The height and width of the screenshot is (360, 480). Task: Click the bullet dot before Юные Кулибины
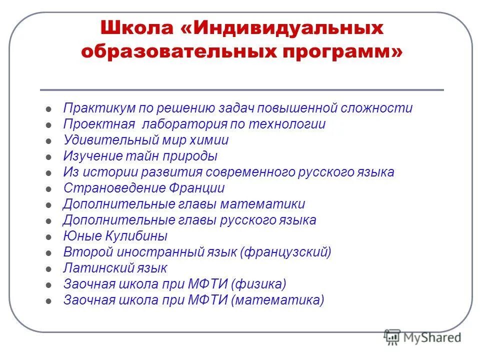click(x=48, y=237)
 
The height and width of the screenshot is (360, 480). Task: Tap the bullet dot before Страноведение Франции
click(x=48, y=189)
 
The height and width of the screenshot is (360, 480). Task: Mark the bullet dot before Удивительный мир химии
click(x=48, y=141)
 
